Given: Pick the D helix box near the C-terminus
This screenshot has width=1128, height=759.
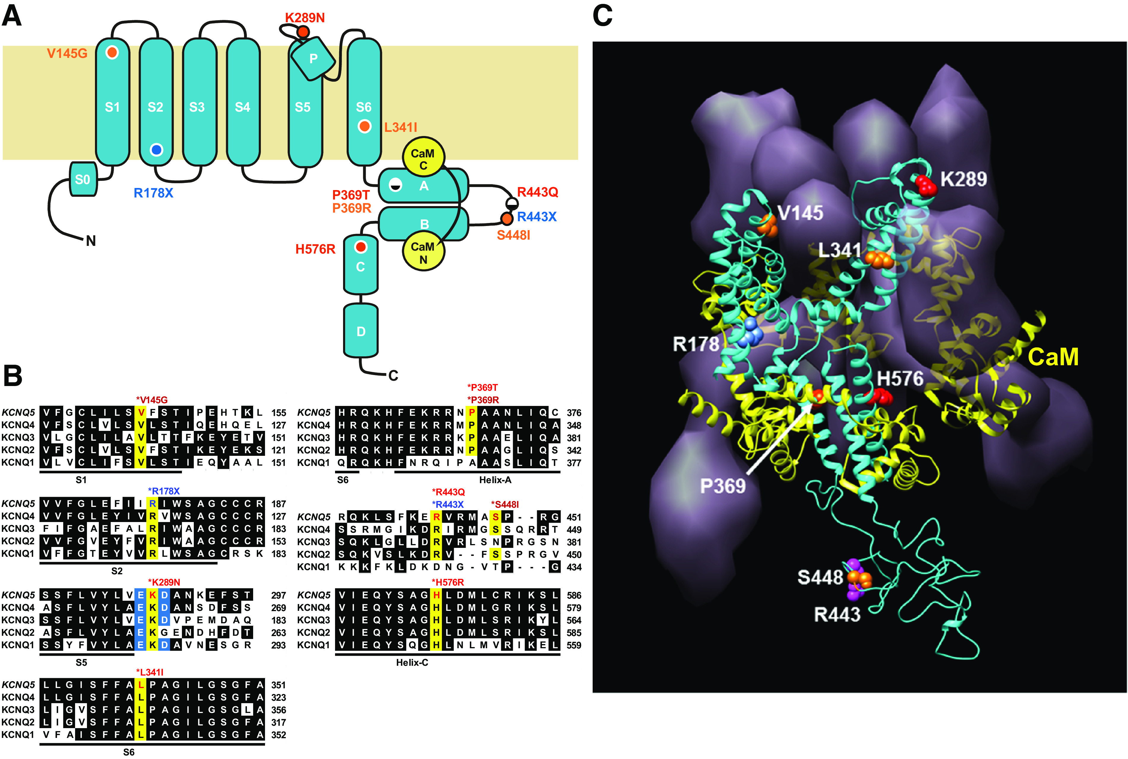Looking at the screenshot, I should click(x=361, y=331).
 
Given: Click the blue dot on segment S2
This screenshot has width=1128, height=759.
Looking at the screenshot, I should click(x=156, y=150).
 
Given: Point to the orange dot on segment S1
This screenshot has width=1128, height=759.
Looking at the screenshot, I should click(x=112, y=52).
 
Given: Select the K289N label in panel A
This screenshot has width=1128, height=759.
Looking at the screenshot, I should click(x=305, y=18).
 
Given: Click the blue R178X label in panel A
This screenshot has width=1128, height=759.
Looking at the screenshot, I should click(x=153, y=193).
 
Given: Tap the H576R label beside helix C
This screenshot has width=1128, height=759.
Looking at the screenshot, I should click(x=315, y=249).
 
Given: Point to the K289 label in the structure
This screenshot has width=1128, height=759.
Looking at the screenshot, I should click(x=963, y=179).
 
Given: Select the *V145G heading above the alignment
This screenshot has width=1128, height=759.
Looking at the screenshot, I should click(x=152, y=400).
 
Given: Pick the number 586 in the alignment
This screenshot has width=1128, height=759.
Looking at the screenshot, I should click(x=574, y=595).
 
